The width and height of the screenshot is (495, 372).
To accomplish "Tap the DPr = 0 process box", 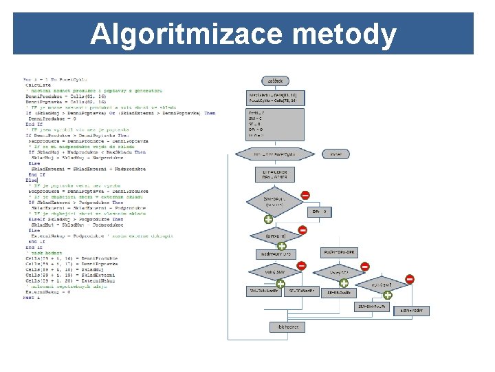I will click(x=320, y=211).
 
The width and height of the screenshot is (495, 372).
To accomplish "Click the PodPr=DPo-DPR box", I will click(x=339, y=253).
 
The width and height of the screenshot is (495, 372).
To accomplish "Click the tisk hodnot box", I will click(x=287, y=327).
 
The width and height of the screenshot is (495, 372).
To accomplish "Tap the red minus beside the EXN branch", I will click(x=410, y=279).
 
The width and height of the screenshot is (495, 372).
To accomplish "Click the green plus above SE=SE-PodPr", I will click(x=343, y=282).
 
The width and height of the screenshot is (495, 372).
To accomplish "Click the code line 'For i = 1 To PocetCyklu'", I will click(x=54, y=78).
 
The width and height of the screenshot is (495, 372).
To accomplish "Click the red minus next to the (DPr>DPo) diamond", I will click(x=302, y=230).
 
